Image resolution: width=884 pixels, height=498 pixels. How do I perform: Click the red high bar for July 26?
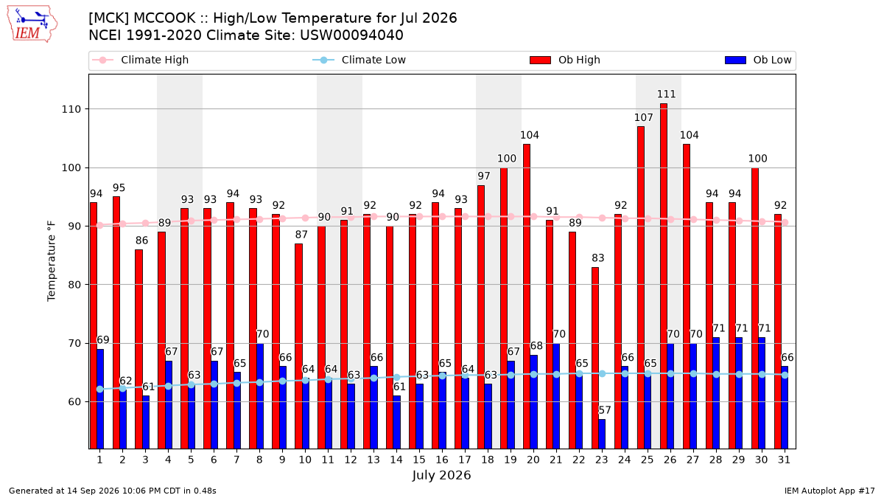[664, 276]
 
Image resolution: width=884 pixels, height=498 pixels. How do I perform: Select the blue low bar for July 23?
[602, 434]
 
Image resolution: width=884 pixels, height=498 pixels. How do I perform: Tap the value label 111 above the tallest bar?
[666, 94]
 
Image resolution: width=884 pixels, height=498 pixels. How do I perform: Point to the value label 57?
[605, 410]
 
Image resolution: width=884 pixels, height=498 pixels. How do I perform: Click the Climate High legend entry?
[140, 60]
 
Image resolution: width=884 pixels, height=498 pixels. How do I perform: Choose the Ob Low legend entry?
[758, 60]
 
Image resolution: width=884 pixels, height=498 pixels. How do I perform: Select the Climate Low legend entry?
[359, 60]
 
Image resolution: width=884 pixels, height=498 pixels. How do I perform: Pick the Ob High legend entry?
[565, 60]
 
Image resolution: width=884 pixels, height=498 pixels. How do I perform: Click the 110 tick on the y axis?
[71, 109]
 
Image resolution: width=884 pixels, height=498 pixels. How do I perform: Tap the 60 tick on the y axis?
[74, 402]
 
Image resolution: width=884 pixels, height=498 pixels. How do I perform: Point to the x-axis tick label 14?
[396, 460]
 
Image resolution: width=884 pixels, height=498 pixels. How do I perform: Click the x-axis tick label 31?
[784, 460]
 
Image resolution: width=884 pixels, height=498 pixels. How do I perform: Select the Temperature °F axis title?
[52, 261]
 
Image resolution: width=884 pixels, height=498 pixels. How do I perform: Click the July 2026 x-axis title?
[441, 475]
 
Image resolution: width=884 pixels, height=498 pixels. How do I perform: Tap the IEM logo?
[32, 24]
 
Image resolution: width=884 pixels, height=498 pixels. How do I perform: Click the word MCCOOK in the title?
[164, 18]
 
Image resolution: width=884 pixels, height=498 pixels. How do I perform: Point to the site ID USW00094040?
[351, 35]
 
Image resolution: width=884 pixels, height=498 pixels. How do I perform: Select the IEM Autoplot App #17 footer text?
[829, 491]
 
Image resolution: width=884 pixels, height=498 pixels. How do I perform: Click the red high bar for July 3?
[138, 349]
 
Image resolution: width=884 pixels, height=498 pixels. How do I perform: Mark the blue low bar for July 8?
[259, 396]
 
